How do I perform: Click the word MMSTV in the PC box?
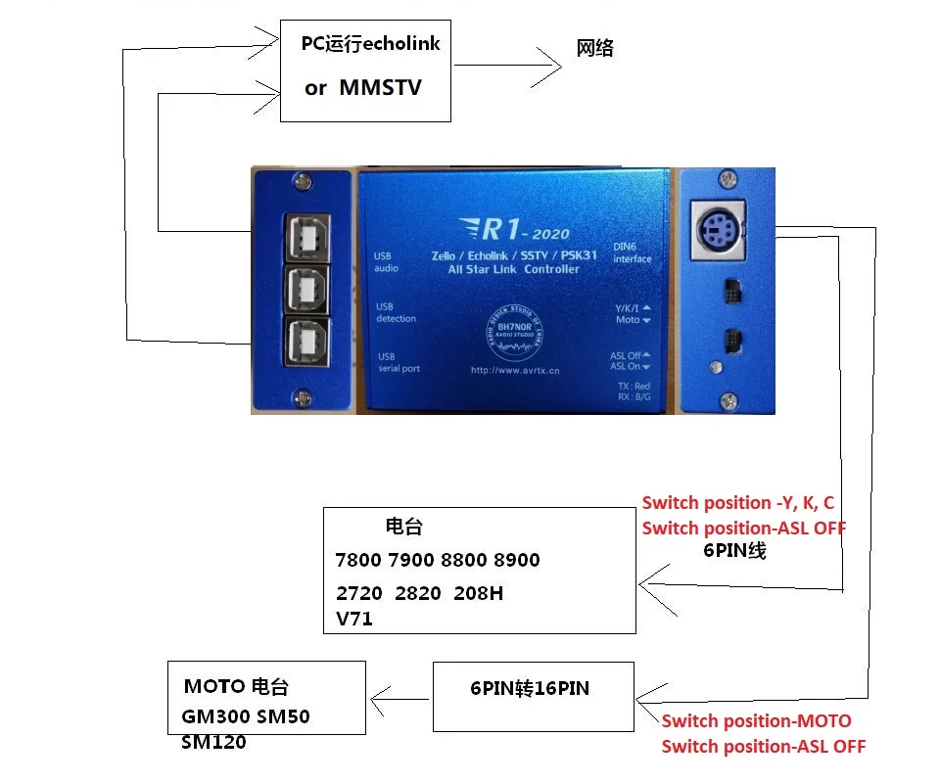(x=380, y=87)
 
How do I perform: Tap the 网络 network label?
(x=595, y=49)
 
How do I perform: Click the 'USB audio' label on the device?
(x=388, y=261)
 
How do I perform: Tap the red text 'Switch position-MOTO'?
(x=756, y=721)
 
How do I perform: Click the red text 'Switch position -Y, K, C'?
(x=738, y=503)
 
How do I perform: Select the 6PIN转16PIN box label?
(x=530, y=689)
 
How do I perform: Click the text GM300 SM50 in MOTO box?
(x=246, y=716)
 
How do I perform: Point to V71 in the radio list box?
(x=353, y=619)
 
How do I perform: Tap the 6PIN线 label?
(x=734, y=551)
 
